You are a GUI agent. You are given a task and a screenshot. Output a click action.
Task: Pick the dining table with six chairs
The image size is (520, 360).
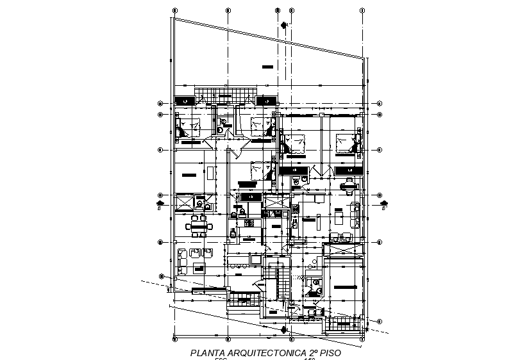point(199,225)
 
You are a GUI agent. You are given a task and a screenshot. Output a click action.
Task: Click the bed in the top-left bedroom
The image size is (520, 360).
point(189,127)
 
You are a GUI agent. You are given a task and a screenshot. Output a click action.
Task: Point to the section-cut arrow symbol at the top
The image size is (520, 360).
point(284,25)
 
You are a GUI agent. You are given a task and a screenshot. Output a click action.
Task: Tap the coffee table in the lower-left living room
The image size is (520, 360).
point(196,254)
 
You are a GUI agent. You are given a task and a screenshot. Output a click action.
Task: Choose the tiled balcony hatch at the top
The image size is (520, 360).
point(217,94)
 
